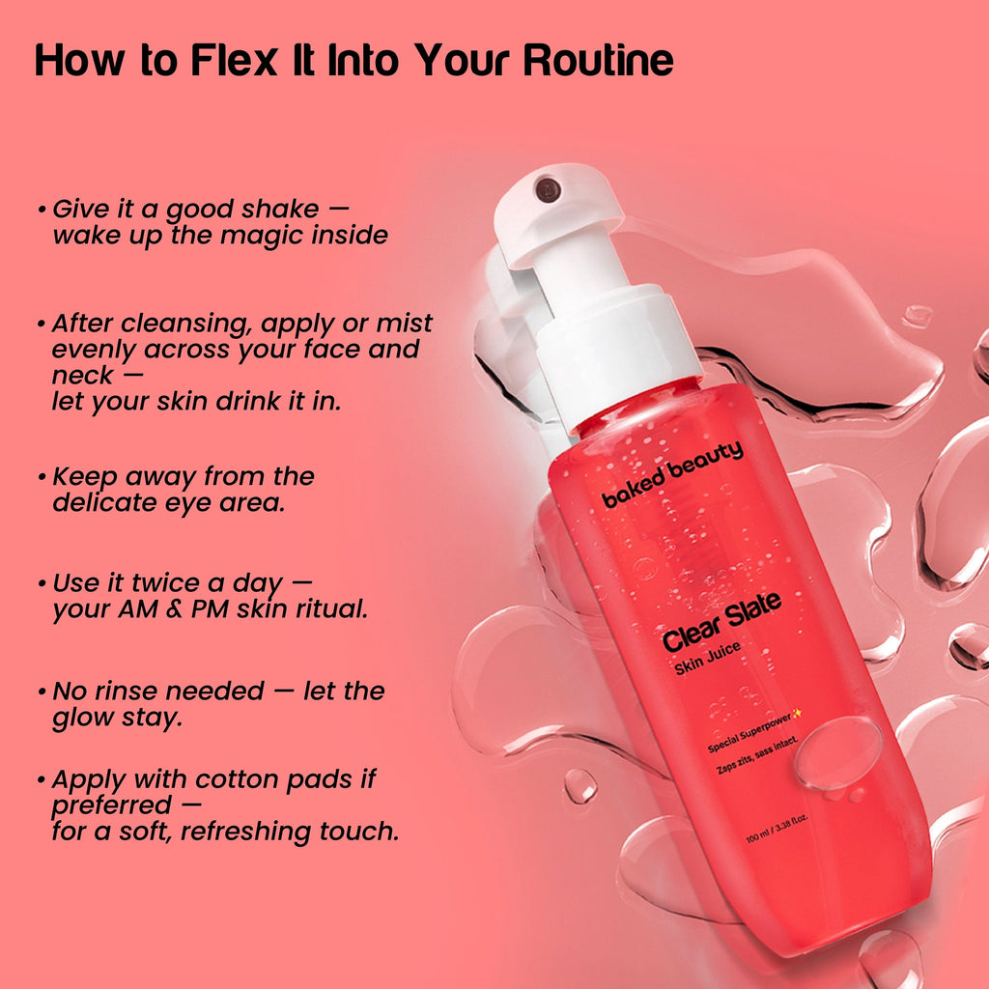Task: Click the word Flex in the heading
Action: tap(234, 61)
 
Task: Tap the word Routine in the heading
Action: tap(598, 61)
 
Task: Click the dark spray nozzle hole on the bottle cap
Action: tap(547, 189)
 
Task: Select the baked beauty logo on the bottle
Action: tap(672, 473)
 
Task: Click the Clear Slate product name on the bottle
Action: tap(721, 621)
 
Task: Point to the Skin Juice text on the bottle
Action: tap(707, 658)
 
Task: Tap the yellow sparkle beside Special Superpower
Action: tap(797, 713)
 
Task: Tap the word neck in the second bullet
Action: tap(82, 376)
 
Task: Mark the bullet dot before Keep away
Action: tap(42, 477)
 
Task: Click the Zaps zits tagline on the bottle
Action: tap(757, 754)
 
